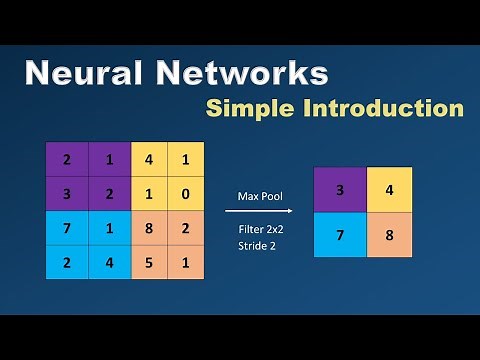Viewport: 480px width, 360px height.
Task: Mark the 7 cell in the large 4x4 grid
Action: [x=66, y=229]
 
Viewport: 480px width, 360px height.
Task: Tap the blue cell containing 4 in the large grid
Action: [x=108, y=264]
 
